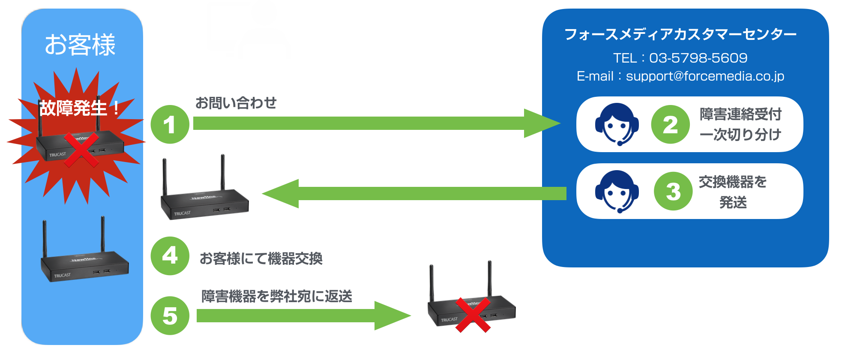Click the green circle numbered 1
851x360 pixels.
(170, 124)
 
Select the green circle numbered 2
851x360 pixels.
(670, 124)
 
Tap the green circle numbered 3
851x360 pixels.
(673, 191)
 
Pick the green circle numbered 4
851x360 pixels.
(170, 256)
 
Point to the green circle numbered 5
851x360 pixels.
(170, 316)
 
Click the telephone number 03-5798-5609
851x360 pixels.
(698, 58)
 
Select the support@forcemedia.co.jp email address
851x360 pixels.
(705, 76)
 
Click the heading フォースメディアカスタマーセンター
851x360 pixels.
(680, 34)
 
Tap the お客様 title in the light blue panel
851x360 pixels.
(80, 45)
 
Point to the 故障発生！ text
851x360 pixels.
(80, 108)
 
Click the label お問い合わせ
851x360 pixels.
(236, 103)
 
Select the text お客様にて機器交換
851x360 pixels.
(261, 258)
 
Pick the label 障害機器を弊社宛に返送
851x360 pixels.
(277, 296)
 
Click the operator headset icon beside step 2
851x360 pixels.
(617, 124)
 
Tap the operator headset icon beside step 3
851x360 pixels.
(617, 191)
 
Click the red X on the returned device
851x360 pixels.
(473, 315)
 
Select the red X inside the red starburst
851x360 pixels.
(81, 150)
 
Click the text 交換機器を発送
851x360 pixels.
(733, 192)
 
